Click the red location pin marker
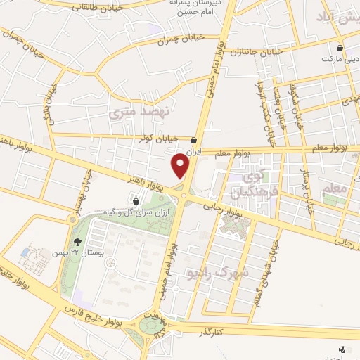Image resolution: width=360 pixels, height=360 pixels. pyautogui.click(x=181, y=166)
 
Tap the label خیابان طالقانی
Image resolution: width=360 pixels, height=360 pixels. pyautogui.click(x=71, y=6)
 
